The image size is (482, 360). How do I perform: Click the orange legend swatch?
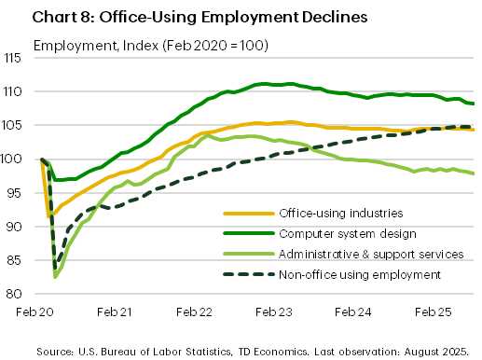coord(249,214)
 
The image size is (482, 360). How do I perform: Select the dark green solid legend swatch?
coord(249,233)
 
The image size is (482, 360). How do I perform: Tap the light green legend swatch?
coord(249,254)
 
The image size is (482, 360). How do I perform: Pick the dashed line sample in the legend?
coord(249,274)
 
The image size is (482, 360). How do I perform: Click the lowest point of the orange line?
coord(50,215)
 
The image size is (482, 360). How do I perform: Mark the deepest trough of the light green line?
coord(56,276)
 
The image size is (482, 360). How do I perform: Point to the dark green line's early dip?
coord(53,179)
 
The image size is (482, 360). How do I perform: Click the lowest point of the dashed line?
coord(55,264)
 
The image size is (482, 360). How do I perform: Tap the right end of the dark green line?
coord(474,104)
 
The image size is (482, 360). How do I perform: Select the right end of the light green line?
coord(474,173)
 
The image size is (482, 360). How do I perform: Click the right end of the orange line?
coord(474,130)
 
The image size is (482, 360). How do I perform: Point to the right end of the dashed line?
coord(474,126)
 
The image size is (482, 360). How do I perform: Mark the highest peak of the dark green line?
coord(266,83)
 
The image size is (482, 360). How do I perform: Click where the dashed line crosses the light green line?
coord(309,147)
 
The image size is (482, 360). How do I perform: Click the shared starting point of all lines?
coord(40,159)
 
